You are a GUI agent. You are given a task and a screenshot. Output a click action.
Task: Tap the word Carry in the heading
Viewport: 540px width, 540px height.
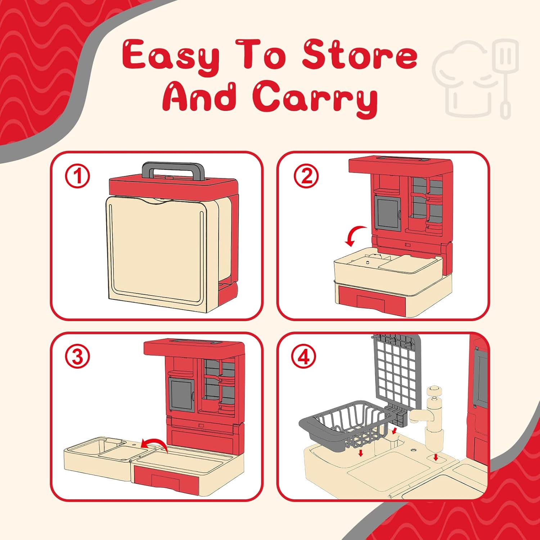click(315, 97)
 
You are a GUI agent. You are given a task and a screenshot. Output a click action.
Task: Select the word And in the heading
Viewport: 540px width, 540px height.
click(199, 95)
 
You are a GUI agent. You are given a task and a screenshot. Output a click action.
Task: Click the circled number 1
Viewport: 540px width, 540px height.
click(77, 176)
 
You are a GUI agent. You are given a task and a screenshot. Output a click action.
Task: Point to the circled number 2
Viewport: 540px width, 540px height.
click(306, 176)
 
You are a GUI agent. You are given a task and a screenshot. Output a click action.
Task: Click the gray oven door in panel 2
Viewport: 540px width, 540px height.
click(388, 212)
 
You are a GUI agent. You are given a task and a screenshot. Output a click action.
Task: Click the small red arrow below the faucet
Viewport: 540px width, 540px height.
click(436, 458)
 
